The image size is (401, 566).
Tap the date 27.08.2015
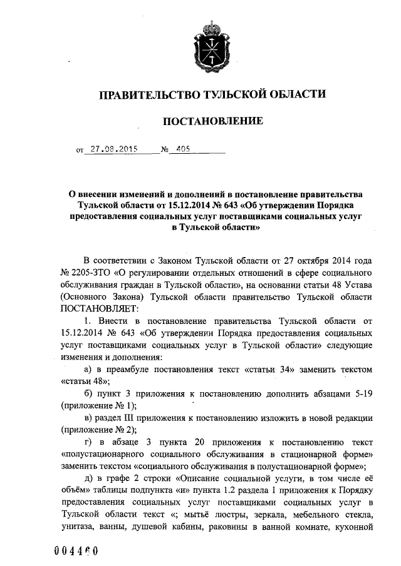click(x=109, y=150)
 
